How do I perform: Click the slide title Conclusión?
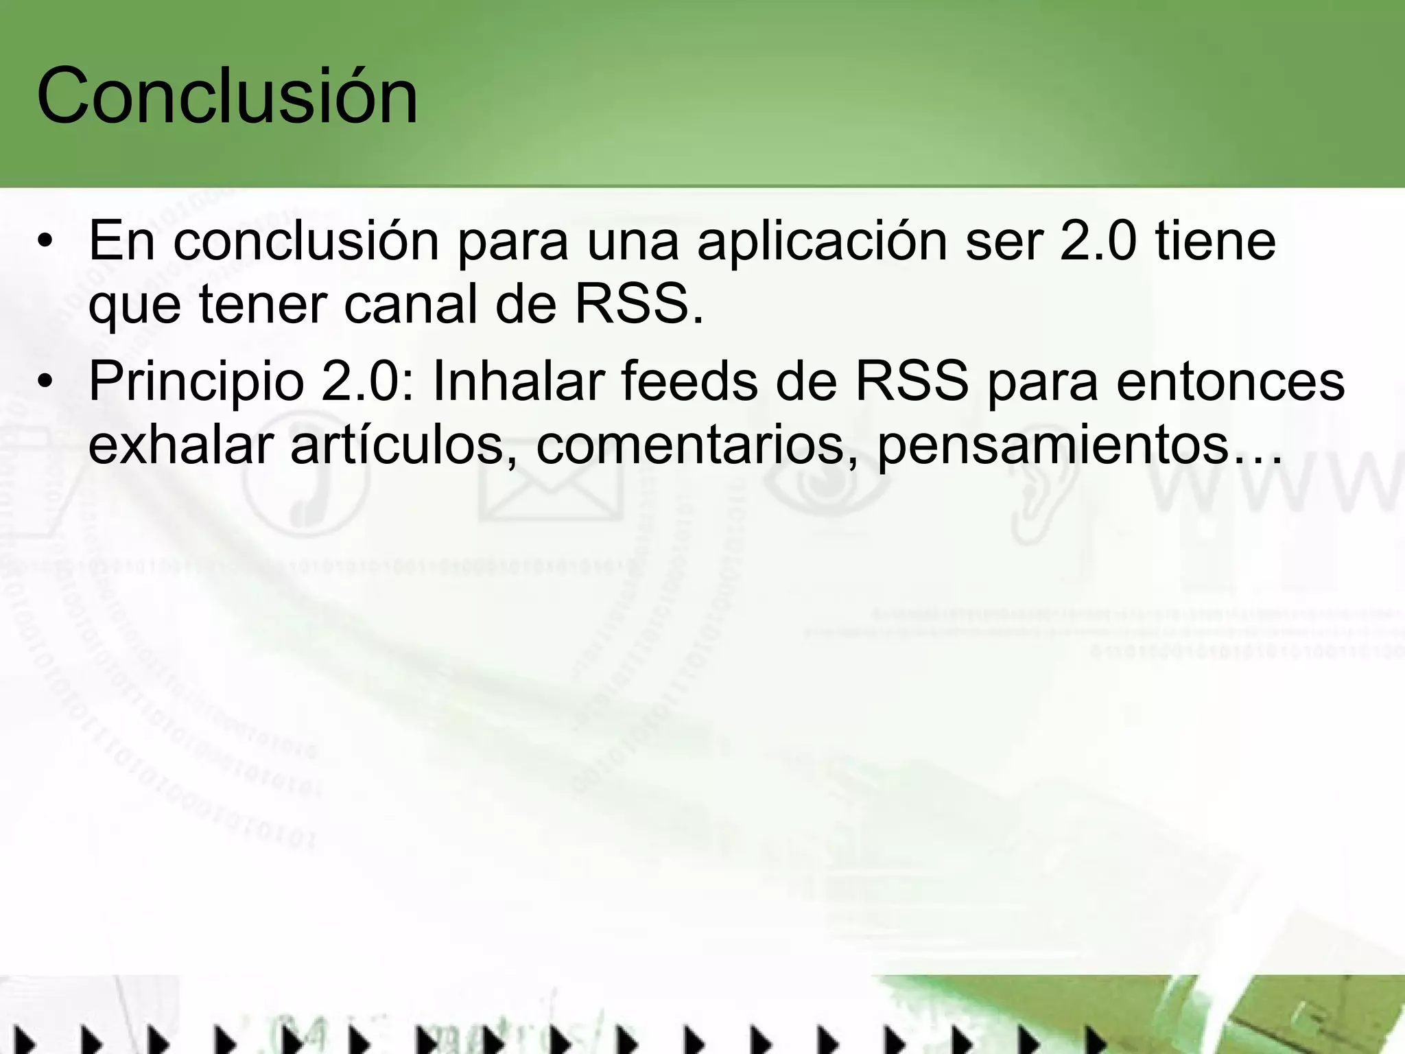click(227, 96)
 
